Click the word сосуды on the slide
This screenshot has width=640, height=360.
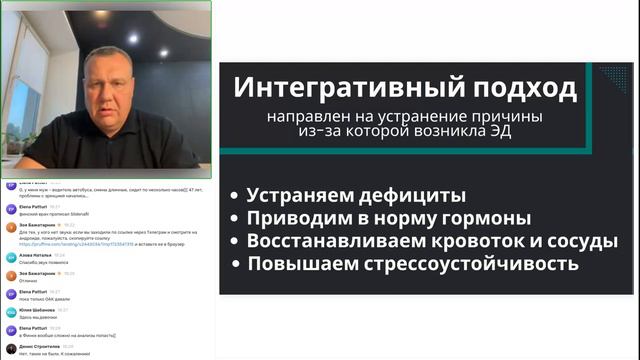[x=584, y=241]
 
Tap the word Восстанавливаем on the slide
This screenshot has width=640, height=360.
[x=333, y=241]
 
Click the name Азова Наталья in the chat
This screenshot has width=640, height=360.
[x=35, y=255]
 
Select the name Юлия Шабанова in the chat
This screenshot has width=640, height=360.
[x=37, y=310]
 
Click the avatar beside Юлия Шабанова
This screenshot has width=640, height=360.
[x=10, y=313]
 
